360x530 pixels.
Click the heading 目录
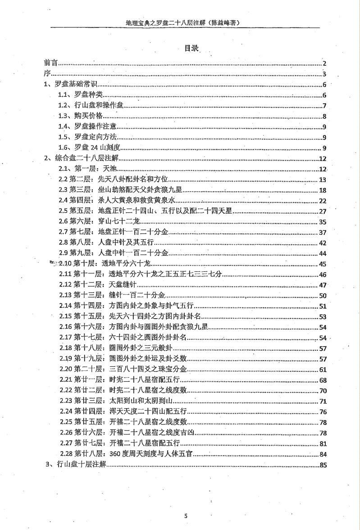click(192, 48)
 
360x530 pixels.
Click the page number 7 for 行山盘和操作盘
click(324, 106)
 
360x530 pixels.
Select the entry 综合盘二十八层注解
click(81, 159)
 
